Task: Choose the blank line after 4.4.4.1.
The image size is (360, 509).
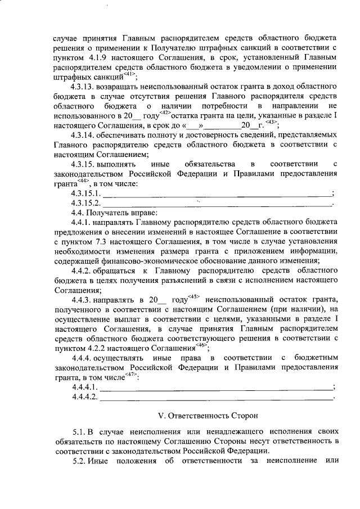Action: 217,388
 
